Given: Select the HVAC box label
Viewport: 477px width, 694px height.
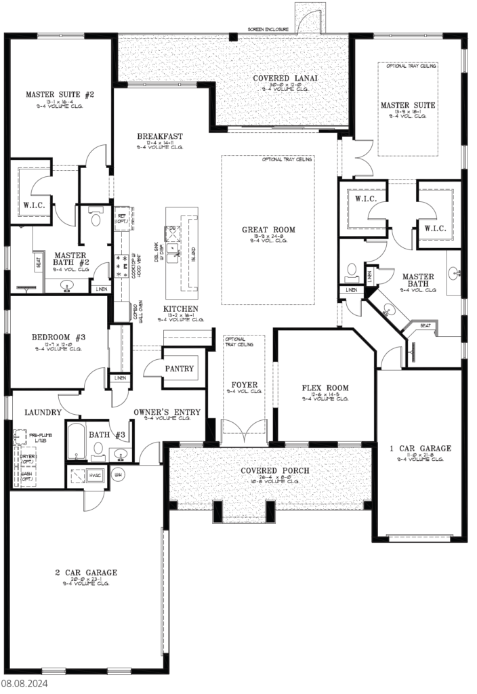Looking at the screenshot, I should coord(94,476).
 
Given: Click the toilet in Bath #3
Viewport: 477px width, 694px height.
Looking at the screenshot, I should coord(99,448).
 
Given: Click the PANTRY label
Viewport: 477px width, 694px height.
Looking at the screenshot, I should coord(180,369).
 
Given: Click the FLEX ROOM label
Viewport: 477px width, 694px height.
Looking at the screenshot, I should coord(325,388).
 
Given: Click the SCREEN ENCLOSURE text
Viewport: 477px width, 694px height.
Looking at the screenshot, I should coord(268,30).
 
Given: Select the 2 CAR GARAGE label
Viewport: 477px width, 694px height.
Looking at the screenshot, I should coord(86,573).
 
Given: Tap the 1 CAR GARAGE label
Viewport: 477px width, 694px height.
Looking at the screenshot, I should coord(420,448).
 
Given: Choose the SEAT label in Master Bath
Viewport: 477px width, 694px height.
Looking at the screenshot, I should coord(426,326).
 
